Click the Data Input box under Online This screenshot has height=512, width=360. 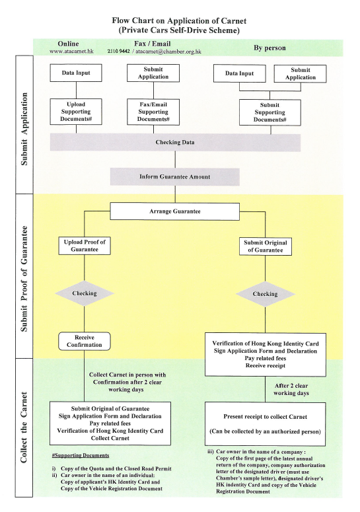(76, 73)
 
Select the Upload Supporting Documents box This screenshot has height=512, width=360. (76, 112)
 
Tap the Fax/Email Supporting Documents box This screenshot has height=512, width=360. (153, 112)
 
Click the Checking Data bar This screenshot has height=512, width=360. (175, 142)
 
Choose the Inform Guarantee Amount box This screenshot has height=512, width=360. (174, 177)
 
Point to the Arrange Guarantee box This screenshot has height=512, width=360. (174, 211)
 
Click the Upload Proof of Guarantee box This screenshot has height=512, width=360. (85, 246)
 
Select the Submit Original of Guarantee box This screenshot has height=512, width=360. (266, 246)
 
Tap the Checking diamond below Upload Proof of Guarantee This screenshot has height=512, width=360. (85, 293)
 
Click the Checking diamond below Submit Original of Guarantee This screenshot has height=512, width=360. (266, 294)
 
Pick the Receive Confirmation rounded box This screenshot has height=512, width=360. (85, 342)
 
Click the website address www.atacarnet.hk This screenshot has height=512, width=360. (71, 52)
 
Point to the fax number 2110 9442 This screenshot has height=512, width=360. (118, 52)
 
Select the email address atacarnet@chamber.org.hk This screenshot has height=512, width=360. (168, 52)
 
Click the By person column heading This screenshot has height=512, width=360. (270, 48)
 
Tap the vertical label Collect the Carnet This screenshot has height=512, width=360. (24, 427)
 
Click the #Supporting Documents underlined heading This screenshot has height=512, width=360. (81, 455)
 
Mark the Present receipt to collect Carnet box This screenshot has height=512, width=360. (266, 424)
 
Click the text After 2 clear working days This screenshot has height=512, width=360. (291, 390)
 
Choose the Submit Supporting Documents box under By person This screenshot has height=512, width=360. (270, 113)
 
